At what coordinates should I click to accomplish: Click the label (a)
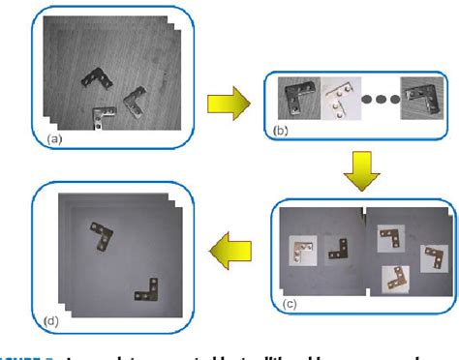pyautogui.click(x=53, y=139)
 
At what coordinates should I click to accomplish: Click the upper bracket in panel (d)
pyautogui.click(x=97, y=232)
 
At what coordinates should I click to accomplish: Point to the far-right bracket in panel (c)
pyautogui.click(x=429, y=257)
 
